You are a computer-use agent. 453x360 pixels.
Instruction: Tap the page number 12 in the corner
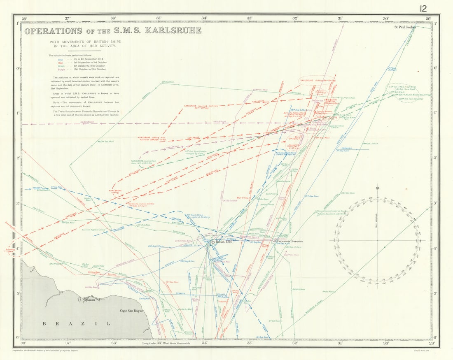[424, 9]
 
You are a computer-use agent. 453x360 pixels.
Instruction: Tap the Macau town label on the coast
[90, 301]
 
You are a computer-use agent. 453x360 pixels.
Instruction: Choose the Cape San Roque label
[131, 311]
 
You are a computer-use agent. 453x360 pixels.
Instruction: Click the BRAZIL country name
[77, 324]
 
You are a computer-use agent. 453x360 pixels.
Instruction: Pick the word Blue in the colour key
[61, 60]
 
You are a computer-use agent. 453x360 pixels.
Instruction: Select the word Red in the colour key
[61, 63]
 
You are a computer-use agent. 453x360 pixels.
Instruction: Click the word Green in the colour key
[61, 66]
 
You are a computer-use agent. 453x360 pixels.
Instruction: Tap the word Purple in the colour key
[61, 69]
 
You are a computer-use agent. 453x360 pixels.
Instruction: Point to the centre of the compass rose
[377, 240]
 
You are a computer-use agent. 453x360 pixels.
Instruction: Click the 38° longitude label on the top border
[24, 18]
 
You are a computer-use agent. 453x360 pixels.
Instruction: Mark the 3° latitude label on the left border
[18, 204]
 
